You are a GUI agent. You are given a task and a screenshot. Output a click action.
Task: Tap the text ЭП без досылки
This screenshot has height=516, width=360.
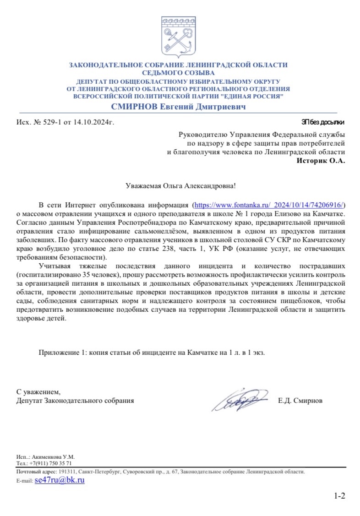[x=322, y=122]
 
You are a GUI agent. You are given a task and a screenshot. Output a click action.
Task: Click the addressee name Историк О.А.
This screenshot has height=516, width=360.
[x=321, y=160]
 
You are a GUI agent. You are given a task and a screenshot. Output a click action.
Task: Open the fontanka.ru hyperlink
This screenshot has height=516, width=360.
[x=269, y=204]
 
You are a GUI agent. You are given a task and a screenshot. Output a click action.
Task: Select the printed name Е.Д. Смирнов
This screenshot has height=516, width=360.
[x=300, y=401]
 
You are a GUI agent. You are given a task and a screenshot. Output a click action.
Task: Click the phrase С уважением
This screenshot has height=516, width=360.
[x=38, y=392]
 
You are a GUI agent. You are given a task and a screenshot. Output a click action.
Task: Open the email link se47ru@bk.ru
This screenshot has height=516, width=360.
[x=60, y=480]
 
